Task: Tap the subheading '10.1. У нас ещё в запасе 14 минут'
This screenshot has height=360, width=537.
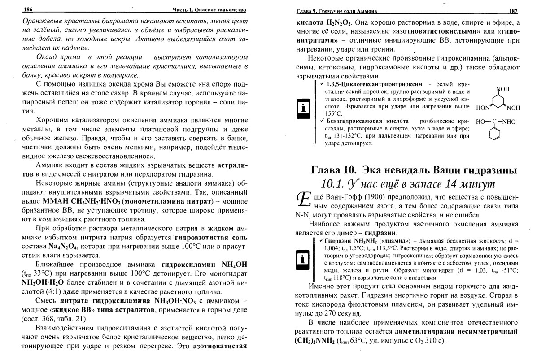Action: point(407,185)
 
